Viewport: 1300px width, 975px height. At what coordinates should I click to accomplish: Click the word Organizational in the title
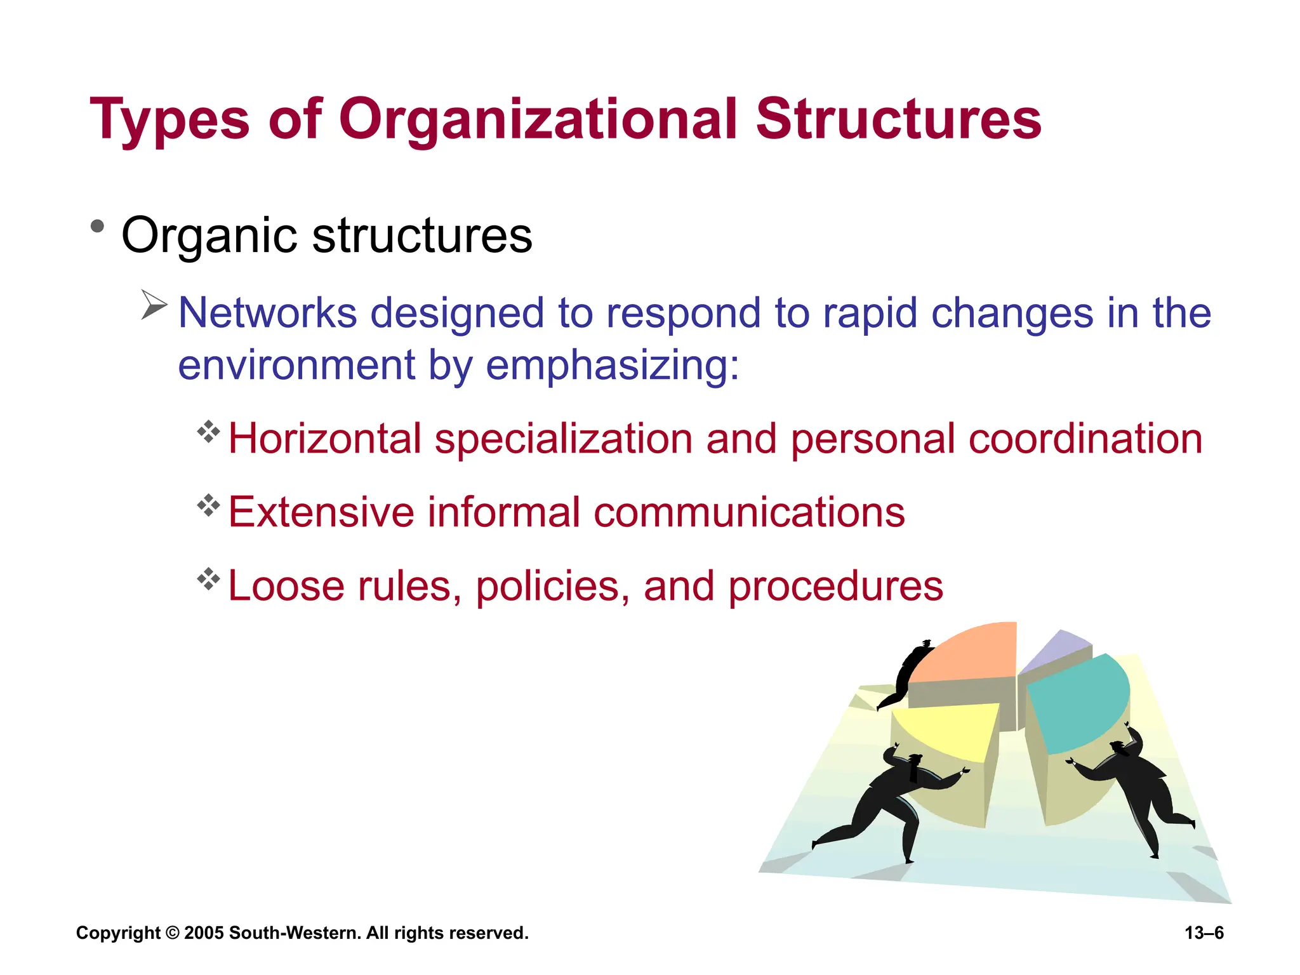click(538, 119)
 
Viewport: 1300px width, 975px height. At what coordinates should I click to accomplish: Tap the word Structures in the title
click(898, 119)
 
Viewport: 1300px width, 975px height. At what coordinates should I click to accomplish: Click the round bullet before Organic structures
click(97, 226)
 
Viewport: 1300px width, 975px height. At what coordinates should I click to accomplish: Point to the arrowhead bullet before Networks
click(153, 305)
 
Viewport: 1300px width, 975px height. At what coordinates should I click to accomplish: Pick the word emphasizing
click(612, 366)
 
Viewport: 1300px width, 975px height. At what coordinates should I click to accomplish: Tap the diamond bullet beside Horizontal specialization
click(208, 432)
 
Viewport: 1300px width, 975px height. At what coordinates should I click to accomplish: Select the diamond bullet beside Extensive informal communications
click(208, 506)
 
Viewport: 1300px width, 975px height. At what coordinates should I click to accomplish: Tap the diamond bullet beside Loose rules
click(208, 579)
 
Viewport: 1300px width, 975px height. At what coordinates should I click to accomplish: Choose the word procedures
click(835, 585)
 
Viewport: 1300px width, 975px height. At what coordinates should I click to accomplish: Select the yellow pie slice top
click(946, 730)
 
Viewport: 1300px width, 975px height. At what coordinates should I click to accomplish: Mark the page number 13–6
click(1204, 933)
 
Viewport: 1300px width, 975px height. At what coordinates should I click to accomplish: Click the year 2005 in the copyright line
click(204, 933)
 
